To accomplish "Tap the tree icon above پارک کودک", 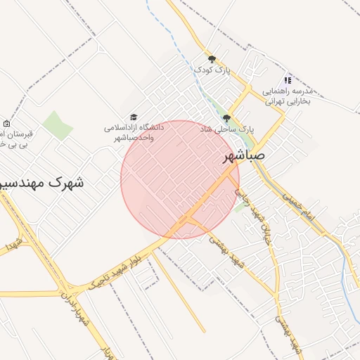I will [x=212, y=59].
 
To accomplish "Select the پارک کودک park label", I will [x=212, y=70].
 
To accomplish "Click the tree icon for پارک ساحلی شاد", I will [x=226, y=118].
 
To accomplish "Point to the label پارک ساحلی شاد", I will [x=226, y=130].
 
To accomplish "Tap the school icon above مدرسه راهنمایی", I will [x=287, y=80].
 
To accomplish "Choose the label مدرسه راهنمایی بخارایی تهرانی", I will [x=291, y=96].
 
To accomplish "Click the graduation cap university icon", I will [x=134, y=117].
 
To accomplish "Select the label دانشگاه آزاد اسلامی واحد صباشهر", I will [x=134, y=132].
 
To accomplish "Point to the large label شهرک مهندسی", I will [x=41, y=184].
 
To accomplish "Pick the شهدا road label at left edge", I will [x=10, y=245].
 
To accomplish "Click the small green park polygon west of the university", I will [x=58, y=125].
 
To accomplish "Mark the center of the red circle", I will [x=180, y=179].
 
